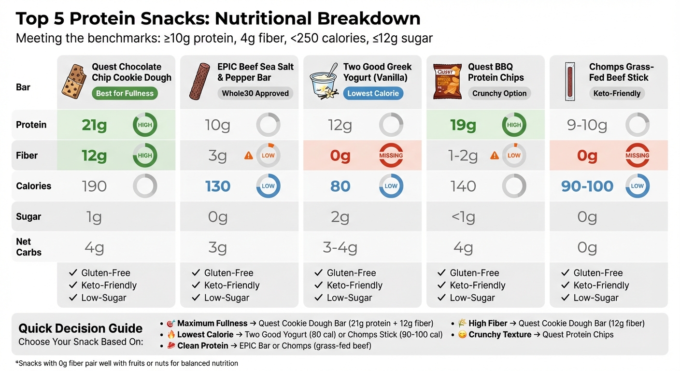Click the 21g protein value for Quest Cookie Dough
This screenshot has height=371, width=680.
point(94,125)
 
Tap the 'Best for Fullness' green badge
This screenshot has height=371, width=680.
point(125,94)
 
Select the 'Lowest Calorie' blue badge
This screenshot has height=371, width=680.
point(373,94)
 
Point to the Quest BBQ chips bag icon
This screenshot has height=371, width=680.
point(443,82)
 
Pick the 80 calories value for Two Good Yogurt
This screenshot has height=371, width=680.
point(340,186)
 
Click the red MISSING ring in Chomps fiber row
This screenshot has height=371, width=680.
point(637,156)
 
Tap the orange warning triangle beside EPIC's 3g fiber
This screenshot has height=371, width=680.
point(249,156)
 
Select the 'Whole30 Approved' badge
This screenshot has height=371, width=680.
point(255,94)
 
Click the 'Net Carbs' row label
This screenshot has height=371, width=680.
point(28,247)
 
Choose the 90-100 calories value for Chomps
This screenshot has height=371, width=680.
point(587,186)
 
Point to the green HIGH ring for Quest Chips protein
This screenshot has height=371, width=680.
point(514,125)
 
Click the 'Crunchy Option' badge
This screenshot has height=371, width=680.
point(499,94)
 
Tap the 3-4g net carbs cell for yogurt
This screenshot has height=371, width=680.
point(340,248)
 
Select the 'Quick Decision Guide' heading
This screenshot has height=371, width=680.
point(80,328)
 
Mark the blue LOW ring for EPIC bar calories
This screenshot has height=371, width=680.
point(268,186)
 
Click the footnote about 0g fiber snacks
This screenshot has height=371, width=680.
point(127,363)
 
